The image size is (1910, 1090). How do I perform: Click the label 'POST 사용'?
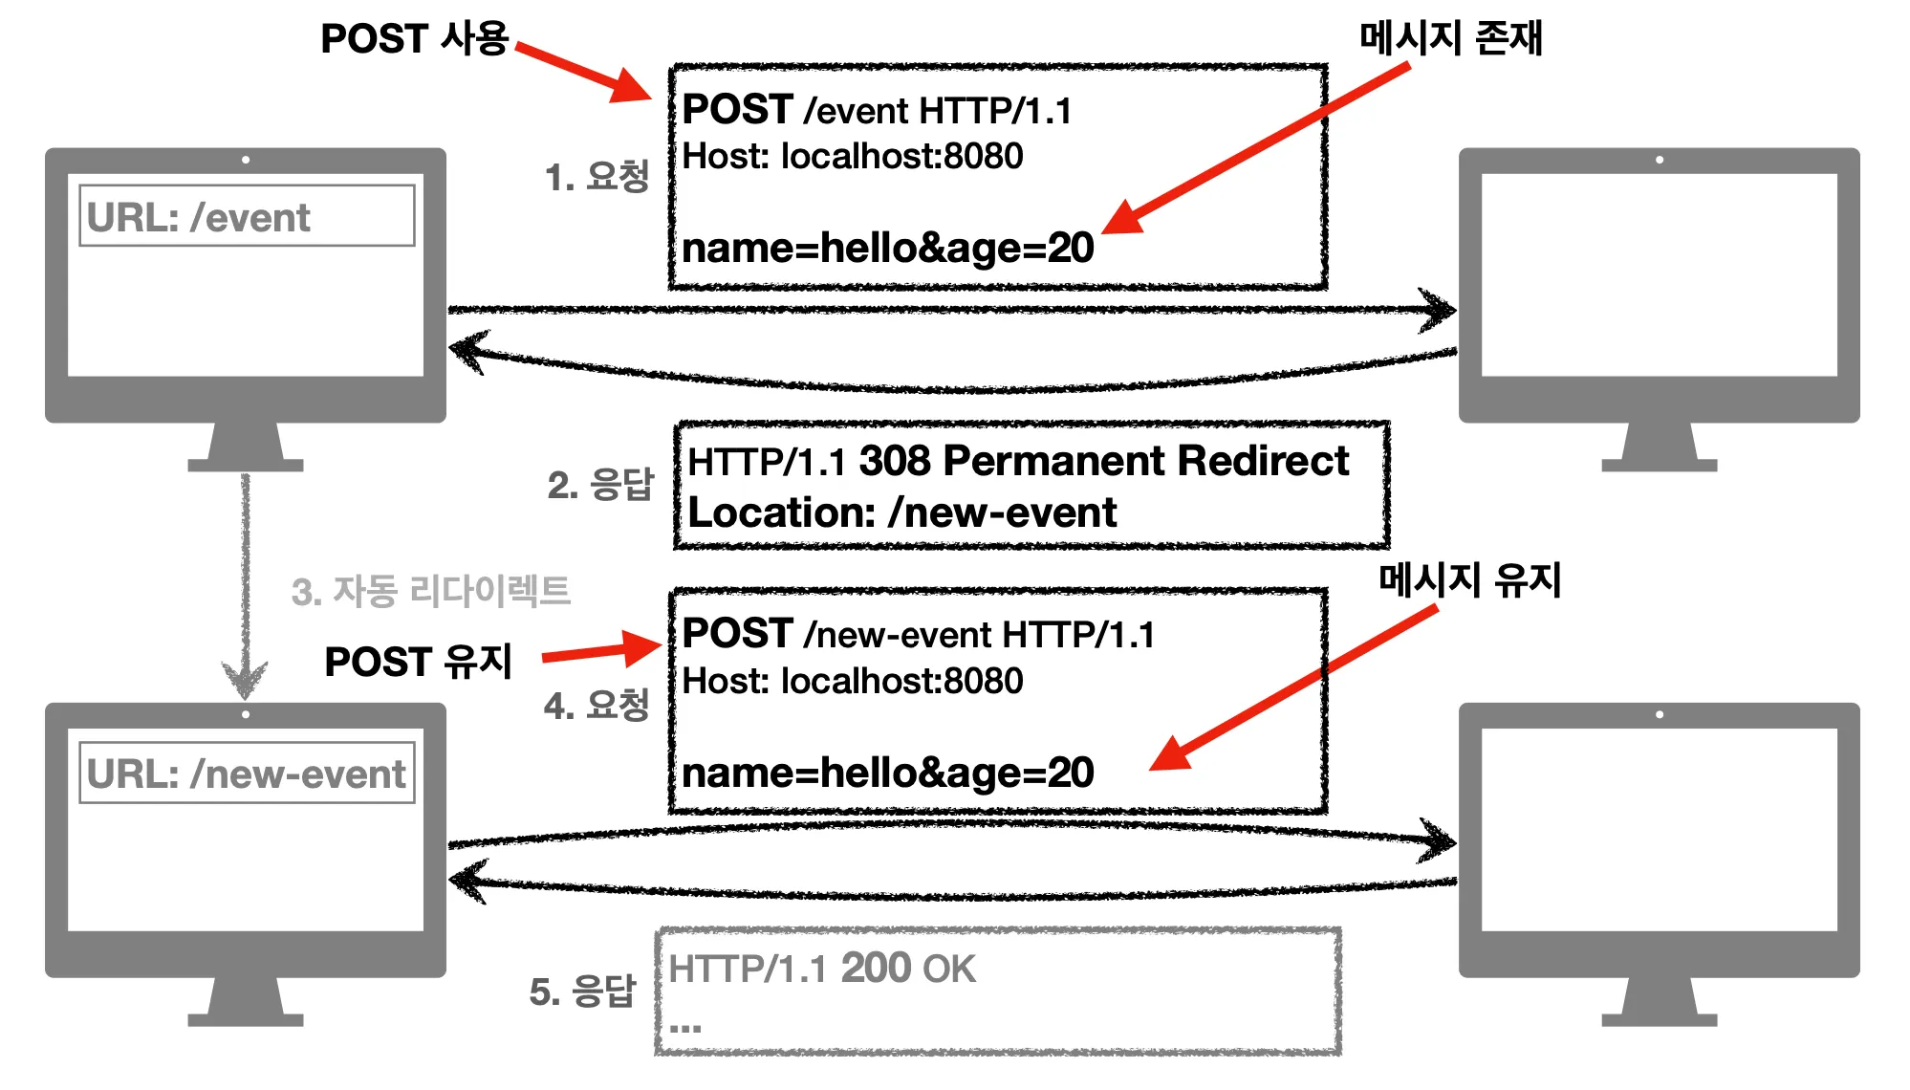(x=414, y=39)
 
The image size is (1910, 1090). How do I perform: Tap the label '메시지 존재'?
(x=1451, y=38)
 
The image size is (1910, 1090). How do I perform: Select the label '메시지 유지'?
(x=1470, y=579)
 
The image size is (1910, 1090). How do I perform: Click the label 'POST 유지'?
(x=419, y=662)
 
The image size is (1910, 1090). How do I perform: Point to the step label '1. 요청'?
(x=597, y=177)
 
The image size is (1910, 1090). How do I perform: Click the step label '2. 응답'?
(x=600, y=485)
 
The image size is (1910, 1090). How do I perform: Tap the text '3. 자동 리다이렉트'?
(x=431, y=591)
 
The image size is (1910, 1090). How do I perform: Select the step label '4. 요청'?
(x=597, y=706)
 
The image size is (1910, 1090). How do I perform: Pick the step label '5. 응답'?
(x=582, y=992)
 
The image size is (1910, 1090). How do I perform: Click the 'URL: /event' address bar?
(x=247, y=216)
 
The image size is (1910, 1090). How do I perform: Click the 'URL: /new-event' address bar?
(x=247, y=773)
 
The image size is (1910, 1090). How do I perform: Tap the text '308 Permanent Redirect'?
(x=1104, y=461)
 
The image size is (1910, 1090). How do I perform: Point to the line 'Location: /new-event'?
(x=902, y=513)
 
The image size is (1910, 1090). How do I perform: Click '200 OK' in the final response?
(x=908, y=969)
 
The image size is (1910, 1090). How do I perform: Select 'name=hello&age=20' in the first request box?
(x=888, y=249)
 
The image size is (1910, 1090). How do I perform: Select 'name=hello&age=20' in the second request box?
(x=888, y=773)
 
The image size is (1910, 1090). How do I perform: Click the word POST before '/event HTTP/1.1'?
(x=738, y=110)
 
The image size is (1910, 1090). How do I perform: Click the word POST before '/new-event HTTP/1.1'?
(x=738, y=634)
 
